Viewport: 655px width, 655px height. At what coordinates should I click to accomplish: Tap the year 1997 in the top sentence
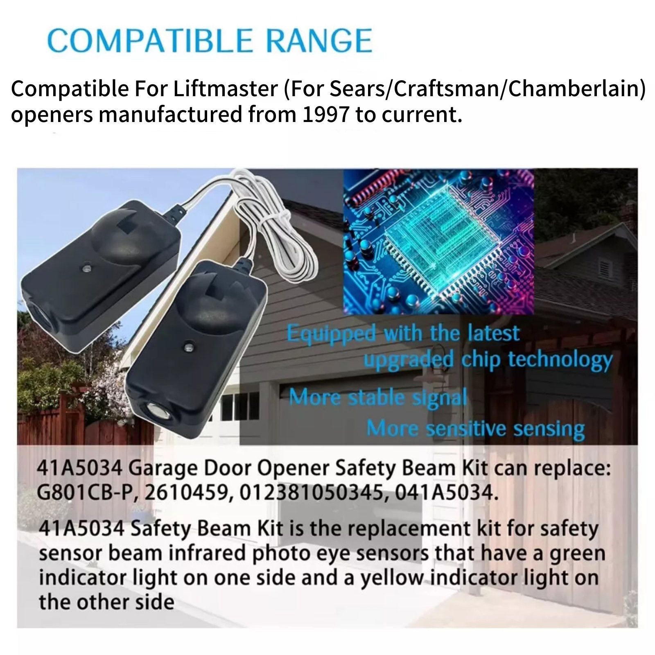tap(326, 115)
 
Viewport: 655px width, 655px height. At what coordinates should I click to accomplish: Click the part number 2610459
tap(187, 493)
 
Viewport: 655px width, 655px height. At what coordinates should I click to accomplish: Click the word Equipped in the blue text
tap(331, 334)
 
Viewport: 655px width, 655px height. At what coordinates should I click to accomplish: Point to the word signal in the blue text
tap(440, 397)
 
